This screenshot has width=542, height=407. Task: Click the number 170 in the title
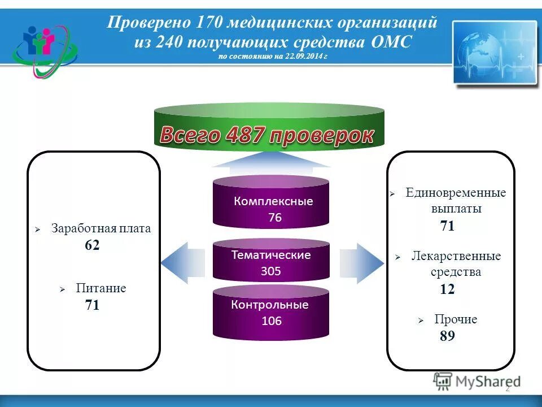point(210,24)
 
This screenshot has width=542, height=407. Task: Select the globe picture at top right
point(495,53)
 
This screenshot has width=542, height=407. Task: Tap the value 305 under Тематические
point(271,271)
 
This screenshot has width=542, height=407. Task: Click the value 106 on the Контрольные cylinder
point(271,321)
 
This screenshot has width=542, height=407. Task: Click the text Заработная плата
point(101,229)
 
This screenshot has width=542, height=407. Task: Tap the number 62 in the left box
point(92,245)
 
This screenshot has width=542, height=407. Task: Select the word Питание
point(101,288)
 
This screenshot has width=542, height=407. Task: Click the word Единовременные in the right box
point(456,193)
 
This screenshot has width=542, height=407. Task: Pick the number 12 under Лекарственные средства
point(447,289)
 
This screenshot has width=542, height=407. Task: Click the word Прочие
point(456,319)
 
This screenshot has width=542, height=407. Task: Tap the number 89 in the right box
point(447,336)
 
